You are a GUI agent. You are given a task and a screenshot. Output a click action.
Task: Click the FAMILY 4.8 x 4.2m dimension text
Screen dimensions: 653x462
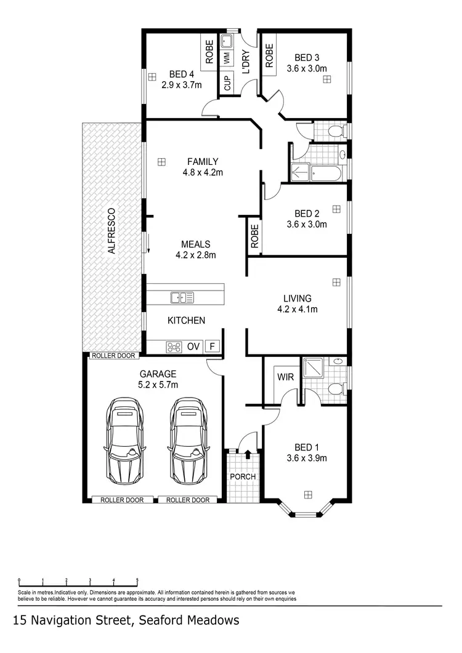(x=203, y=172)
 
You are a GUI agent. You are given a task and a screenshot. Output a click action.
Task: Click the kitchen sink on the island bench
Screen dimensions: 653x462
(x=182, y=297)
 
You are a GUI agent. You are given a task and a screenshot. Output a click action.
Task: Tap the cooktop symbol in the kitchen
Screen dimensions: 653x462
(x=174, y=347)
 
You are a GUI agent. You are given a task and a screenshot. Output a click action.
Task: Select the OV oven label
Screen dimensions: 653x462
(x=193, y=347)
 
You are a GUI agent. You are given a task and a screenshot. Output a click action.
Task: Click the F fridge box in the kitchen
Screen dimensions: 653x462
(x=213, y=347)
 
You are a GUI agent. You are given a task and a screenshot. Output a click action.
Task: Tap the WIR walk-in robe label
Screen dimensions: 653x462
(x=285, y=376)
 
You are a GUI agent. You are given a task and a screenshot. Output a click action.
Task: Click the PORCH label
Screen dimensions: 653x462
(x=243, y=476)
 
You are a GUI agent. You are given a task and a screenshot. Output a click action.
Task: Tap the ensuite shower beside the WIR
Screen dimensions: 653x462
(x=314, y=368)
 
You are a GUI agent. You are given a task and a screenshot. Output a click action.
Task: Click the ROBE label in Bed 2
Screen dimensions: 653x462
(x=254, y=234)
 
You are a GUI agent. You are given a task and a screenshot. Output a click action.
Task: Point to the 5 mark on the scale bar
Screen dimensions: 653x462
(x=137, y=580)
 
